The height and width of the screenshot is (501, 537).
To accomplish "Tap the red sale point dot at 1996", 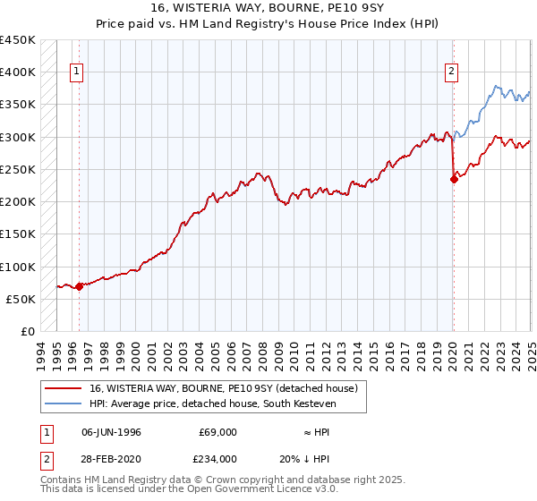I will [x=79, y=287].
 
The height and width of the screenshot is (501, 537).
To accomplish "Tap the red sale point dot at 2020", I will [x=454, y=179].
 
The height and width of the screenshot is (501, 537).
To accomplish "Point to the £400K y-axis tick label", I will [x=18, y=72].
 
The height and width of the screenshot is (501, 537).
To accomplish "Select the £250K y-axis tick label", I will [x=18, y=170].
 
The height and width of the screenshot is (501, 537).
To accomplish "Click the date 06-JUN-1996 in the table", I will [x=111, y=432].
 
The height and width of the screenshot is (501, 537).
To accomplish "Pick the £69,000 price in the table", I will [x=217, y=432].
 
